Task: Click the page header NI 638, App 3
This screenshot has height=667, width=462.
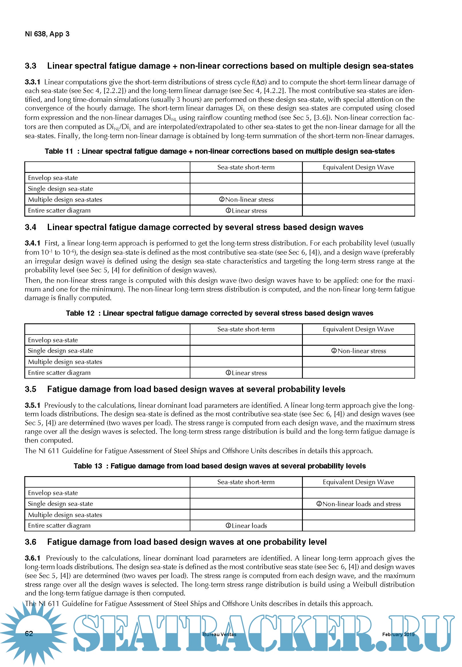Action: (x=47, y=34)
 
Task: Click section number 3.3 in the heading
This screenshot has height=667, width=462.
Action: (x=30, y=66)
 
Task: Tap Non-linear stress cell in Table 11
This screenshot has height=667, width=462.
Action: (x=246, y=200)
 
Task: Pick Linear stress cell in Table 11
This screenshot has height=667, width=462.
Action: (x=246, y=211)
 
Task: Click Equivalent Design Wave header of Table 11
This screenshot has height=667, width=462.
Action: (x=358, y=167)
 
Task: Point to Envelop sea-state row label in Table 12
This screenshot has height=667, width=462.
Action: (x=53, y=340)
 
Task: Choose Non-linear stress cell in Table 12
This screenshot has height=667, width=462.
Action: (x=358, y=351)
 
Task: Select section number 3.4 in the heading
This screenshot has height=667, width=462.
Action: (x=30, y=227)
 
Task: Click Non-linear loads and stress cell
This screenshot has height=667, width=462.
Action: (x=358, y=504)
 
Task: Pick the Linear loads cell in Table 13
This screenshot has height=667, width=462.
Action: (x=246, y=526)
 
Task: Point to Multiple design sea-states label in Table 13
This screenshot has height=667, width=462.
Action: (x=65, y=515)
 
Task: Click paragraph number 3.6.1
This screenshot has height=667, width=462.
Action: (x=32, y=558)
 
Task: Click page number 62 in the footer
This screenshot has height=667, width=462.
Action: (x=29, y=634)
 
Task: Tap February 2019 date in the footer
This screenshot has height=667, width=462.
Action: (x=398, y=635)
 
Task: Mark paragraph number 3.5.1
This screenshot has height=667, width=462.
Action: (x=32, y=405)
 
